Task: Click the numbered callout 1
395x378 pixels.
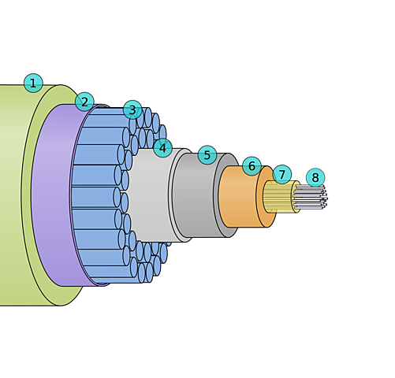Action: (33, 83)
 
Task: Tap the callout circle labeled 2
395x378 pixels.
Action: (84, 102)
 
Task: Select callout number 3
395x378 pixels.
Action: (132, 109)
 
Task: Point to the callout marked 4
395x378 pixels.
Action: (163, 148)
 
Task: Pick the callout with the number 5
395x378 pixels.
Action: (207, 155)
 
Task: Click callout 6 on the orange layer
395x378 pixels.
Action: (252, 166)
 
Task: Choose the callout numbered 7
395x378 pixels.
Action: (282, 174)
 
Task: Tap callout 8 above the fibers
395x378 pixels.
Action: (315, 178)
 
